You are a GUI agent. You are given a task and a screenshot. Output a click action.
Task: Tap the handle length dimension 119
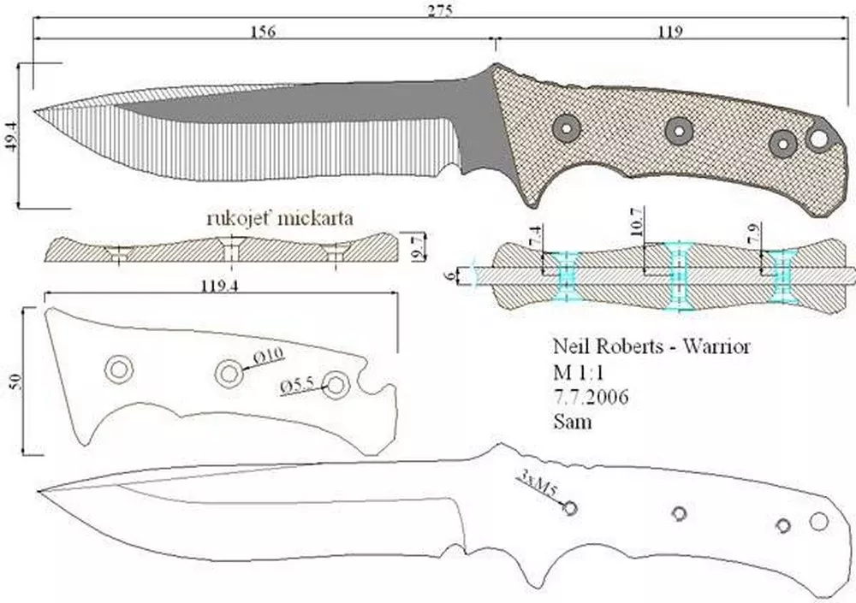tap(669, 32)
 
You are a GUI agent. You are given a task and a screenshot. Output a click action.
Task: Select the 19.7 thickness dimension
tap(418, 249)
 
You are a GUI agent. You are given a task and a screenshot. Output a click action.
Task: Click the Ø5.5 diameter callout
tap(298, 386)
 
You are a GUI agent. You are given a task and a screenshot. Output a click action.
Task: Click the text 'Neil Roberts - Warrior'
tap(651, 347)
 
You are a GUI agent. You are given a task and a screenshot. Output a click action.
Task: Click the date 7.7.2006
tap(588, 397)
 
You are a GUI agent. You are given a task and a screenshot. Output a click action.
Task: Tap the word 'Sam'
tap(573, 422)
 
